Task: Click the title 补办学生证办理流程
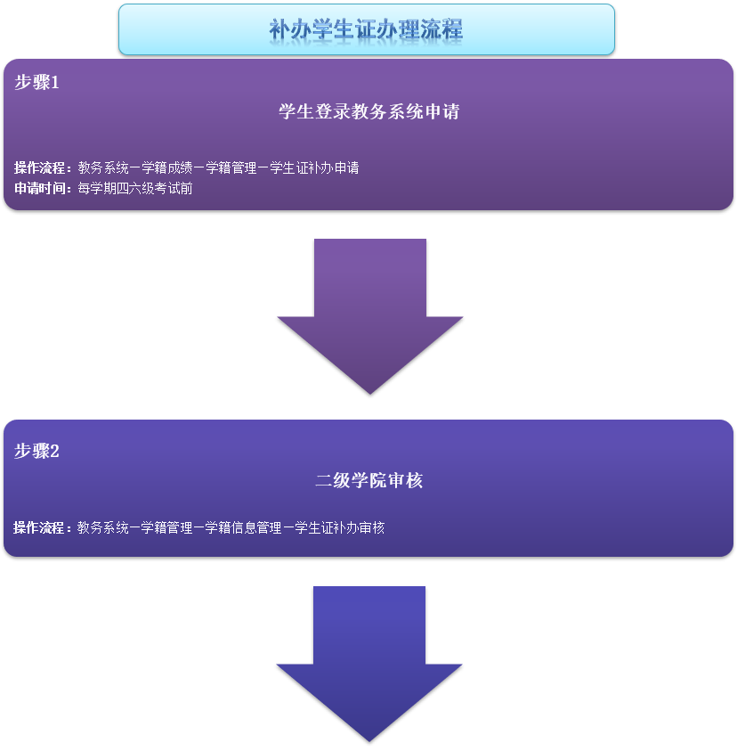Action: click(366, 29)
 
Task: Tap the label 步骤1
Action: click(36, 83)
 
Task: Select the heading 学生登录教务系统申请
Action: click(368, 112)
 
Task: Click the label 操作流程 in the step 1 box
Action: click(41, 167)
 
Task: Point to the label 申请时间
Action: click(41, 188)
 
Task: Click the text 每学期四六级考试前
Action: click(134, 188)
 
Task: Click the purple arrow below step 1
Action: click(369, 312)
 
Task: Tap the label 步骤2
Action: click(36, 451)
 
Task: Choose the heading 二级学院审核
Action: click(368, 481)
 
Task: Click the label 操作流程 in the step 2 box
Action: click(40, 527)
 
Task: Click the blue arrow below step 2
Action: click(368, 659)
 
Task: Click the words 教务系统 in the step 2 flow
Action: click(102, 527)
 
